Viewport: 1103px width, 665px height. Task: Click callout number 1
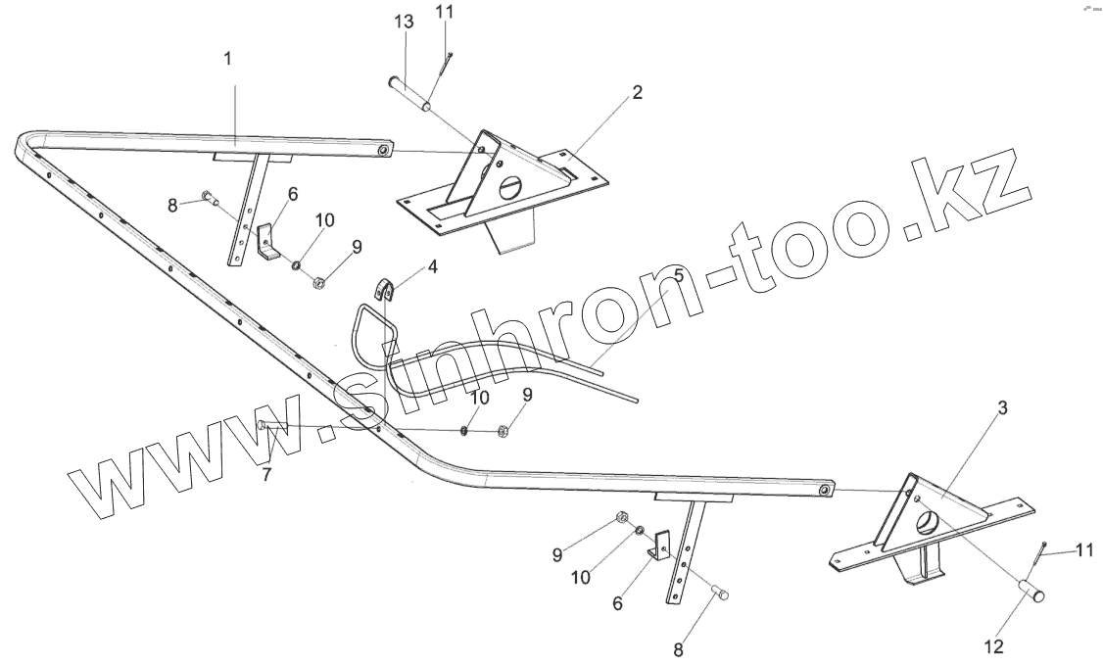(227, 59)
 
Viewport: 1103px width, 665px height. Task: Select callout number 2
(637, 93)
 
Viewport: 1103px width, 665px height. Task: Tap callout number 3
(1001, 409)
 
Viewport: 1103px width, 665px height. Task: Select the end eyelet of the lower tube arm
(827, 488)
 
